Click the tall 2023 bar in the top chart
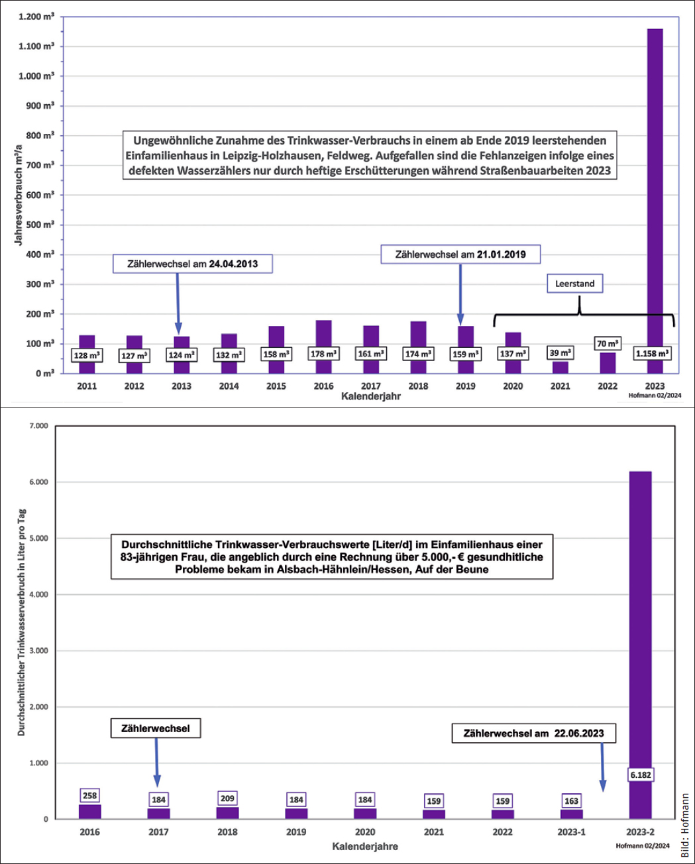(655, 201)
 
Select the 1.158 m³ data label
(652, 354)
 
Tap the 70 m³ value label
(608, 344)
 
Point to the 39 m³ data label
(560, 353)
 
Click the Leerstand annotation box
(574, 284)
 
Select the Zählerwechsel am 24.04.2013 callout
(192, 264)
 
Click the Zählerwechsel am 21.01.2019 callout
(460, 254)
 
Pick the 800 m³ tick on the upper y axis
(36, 136)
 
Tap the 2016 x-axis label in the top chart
(323, 386)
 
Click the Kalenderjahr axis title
(371, 396)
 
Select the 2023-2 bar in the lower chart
(641, 645)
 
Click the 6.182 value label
(641, 775)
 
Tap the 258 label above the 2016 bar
(89, 795)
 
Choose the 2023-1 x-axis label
(571, 832)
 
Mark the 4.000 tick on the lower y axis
(38, 594)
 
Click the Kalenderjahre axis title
(365, 846)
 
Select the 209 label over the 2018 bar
(227, 798)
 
